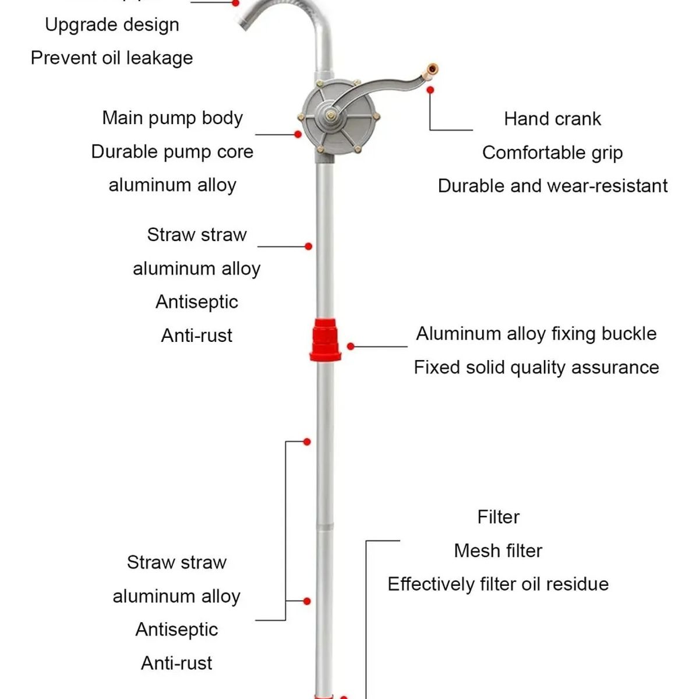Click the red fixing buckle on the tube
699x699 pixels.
click(325, 340)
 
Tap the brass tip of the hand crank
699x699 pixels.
click(432, 70)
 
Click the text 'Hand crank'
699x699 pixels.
click(552, 119)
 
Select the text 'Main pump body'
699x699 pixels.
click(172, 118)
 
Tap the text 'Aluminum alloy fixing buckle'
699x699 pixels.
click(536, 334)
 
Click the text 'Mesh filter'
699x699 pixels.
click(498, 550)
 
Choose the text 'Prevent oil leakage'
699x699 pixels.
click(112, 58)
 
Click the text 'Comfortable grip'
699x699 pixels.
click(552, 153)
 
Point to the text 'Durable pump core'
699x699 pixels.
click(172, 151)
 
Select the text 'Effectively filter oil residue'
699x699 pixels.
click(498, 584)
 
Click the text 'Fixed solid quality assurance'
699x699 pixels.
click(536, 368)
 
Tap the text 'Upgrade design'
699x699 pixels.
click(112, 24)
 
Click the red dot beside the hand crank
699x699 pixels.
click(430, 90)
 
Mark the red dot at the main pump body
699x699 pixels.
click(298, 135)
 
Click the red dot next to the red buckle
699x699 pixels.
click(351, 347)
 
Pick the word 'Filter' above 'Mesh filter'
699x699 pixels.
click(498, 517)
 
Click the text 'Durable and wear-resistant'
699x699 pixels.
click(552, 186)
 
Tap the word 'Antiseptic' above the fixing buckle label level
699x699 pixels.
click(197, 302)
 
